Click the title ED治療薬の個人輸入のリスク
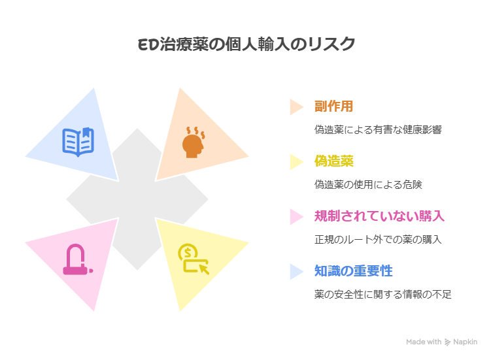(x=246, y=44)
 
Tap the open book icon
(x=78, y=141)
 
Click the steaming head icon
(x=194, y=141)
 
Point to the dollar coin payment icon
(x=193, y=259)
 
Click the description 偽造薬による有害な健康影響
(x=378, y=130)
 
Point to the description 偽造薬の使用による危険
(x=368, y=185)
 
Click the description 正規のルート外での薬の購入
(x=378, y=240)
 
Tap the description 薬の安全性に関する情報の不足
(x=382, y=295)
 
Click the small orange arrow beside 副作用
(x=296, y=106)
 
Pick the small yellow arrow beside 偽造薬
(x=296, y=161)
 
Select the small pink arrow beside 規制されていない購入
(x=296, y=216)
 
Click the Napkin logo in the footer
(x=461, y=342)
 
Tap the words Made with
(x=424, y=342)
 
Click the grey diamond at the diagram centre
(x=137, y=199)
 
